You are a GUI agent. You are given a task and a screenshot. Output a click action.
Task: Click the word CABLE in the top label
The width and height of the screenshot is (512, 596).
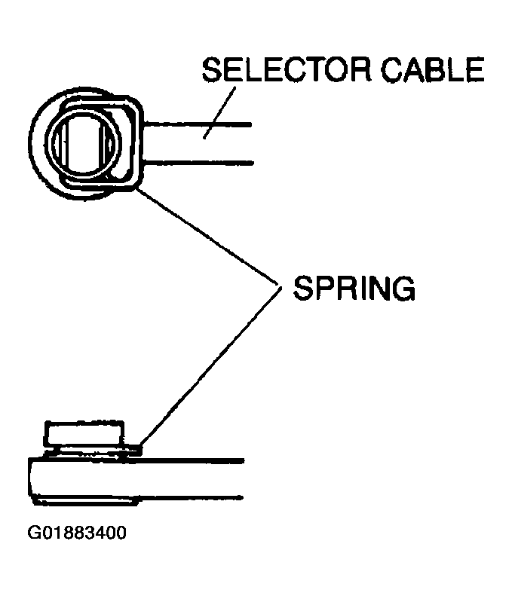433,69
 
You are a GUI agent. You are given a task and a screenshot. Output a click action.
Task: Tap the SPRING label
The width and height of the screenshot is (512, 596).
354,288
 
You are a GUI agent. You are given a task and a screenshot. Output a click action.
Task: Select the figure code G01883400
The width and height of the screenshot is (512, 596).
77,533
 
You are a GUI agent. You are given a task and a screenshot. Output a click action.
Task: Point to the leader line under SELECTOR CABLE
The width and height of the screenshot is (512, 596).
219,113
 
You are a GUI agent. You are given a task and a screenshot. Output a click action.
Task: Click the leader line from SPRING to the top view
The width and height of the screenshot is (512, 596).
208,236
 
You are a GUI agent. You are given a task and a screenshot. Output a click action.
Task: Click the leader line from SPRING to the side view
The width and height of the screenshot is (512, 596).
210,366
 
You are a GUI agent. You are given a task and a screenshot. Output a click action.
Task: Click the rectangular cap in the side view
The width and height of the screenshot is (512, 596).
84,433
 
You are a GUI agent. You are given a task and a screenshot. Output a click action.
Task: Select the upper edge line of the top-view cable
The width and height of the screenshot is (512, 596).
198,124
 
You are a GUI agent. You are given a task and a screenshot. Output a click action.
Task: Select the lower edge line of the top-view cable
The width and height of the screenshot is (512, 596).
198,163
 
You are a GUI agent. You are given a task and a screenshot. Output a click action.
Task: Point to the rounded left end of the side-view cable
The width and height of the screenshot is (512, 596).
30,480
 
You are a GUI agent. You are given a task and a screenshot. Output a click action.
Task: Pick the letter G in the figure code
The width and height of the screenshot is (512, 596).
33,533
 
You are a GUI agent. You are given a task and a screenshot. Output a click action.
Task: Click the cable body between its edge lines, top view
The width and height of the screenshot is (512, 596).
198,144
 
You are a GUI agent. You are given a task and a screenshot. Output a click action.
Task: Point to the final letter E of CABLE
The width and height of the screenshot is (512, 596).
476,69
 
